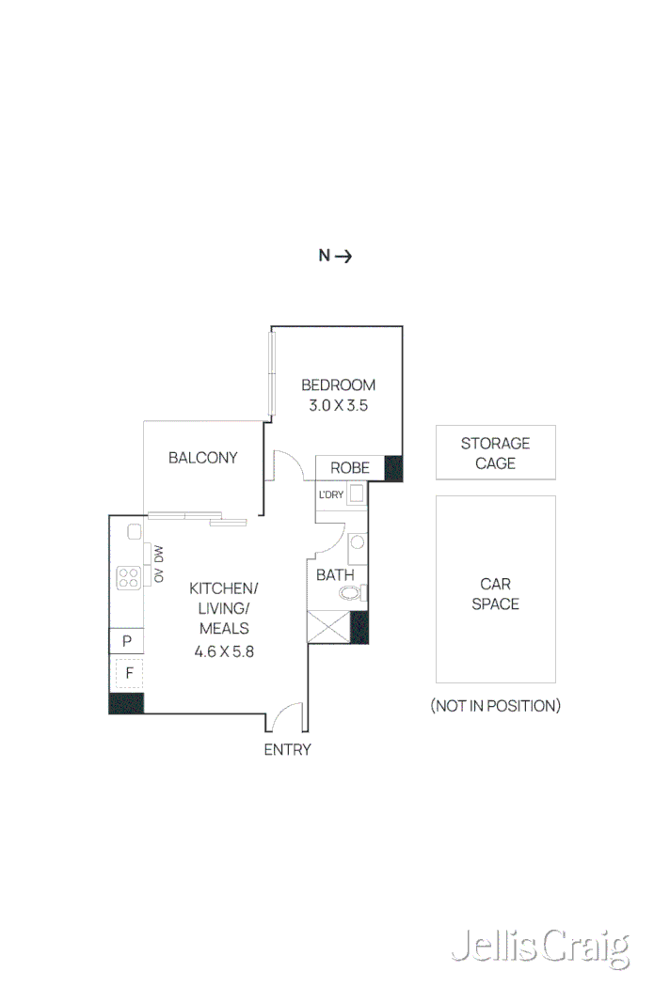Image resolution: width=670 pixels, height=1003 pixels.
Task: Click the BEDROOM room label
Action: coord(338,384)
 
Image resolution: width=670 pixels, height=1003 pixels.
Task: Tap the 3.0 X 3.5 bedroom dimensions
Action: coord(338,406)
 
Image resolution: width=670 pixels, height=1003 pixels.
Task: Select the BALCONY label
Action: coord(202,458)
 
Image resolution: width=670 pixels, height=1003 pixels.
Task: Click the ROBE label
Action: coord(348,468)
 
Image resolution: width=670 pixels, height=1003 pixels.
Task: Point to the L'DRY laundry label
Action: coord(330,494)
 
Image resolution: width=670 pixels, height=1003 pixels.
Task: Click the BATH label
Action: coord(335,574)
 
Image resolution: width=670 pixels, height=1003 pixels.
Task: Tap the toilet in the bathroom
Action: coord(352,592)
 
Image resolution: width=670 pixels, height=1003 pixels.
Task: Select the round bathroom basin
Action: coord(357,542)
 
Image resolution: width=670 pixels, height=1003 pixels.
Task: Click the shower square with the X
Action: coord(328,627)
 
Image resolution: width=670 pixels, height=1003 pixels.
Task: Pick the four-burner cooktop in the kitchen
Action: coord(129,577)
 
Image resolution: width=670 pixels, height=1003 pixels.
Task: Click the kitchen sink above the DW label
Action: coord(134,531)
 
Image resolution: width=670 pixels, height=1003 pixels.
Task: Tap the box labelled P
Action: coord(127,641)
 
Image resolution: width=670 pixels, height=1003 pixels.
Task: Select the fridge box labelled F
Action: coord(128,673)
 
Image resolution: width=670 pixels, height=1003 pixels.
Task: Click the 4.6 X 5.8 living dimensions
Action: coord(224,650)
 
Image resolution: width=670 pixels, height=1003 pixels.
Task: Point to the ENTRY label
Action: coord(287,749)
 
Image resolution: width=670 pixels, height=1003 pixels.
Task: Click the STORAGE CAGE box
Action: coord(495,453)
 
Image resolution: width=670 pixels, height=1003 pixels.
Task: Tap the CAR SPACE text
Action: coord(495,594)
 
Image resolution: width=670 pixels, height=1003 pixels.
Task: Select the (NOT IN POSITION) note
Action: coord(495,705)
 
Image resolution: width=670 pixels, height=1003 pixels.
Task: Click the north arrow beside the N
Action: coord(343,256)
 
